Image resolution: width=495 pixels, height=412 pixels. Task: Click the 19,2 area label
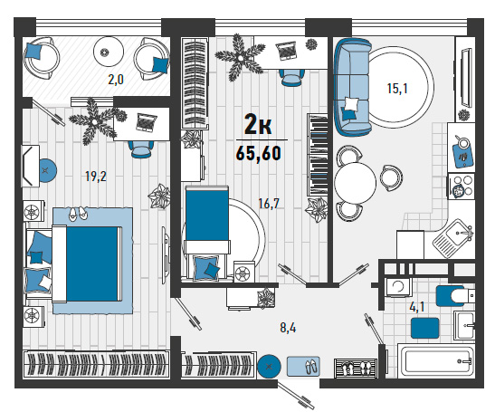point(96,177)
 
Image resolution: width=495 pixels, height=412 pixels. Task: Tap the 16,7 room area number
point(269,204)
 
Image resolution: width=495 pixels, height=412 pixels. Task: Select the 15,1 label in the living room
point(397,88)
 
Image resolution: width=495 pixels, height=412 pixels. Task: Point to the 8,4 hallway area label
point(288,328)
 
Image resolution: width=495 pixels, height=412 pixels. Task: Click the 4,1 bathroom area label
point(416,307)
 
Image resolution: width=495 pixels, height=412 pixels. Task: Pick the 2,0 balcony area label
point(116,80)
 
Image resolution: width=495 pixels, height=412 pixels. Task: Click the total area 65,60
point(259,154)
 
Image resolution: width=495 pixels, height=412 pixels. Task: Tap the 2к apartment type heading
point(258,125)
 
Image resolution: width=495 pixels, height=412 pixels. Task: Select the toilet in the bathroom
point(455,296)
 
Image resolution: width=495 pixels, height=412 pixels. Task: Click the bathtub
point(436,361)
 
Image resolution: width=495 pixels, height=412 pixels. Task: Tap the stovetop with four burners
point(462,187)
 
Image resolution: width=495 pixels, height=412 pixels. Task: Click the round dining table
point(355,182)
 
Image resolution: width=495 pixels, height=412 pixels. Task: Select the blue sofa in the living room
point(352,86)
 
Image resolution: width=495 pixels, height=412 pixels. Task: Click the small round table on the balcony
point(108,52)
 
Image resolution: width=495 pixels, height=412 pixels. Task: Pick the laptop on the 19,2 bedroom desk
point(147,122)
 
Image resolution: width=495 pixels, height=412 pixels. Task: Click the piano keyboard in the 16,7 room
point(318,155)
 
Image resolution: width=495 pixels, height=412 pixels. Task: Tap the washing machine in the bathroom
point(398,286)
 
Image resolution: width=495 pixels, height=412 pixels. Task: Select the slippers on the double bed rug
point(77,214)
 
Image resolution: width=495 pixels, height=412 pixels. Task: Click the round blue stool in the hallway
point(269,367)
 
